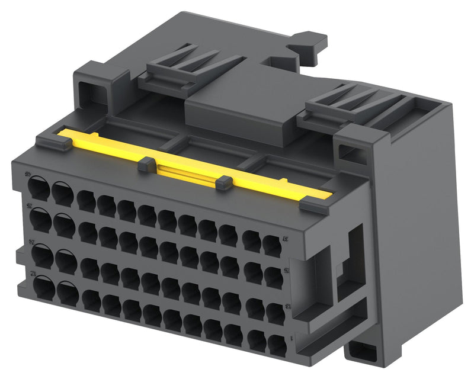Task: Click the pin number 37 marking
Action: point(284,240)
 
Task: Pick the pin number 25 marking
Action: point(287,271)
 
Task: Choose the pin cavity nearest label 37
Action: point(272,245)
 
